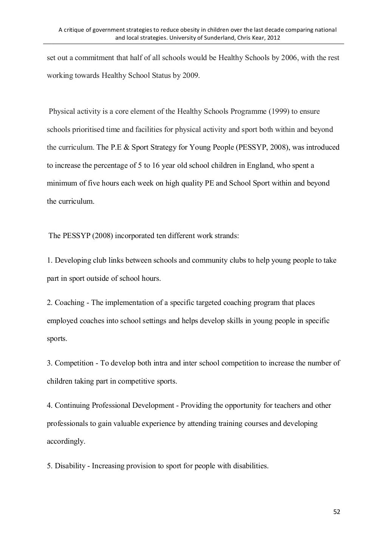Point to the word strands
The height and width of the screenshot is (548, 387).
(226, 236)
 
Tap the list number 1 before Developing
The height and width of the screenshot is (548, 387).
(49, 260)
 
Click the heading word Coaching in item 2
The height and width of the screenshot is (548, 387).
(70, 303)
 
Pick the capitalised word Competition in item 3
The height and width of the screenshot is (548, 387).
(74, 363)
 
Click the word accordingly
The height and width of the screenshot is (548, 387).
(66, 441)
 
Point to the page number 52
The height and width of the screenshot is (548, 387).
(337, 512)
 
